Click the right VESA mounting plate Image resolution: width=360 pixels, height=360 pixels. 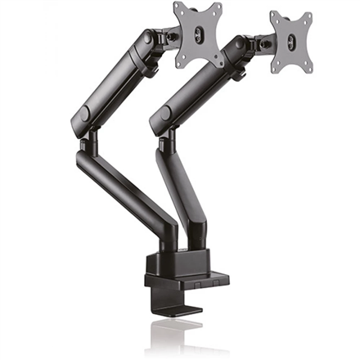tap(291, 42)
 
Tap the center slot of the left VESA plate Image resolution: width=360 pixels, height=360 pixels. tap(198, 33)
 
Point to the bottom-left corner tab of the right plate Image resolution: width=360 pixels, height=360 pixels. tap(276, 67)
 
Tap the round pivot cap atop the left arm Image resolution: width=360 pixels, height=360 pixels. tap(148, 39)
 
